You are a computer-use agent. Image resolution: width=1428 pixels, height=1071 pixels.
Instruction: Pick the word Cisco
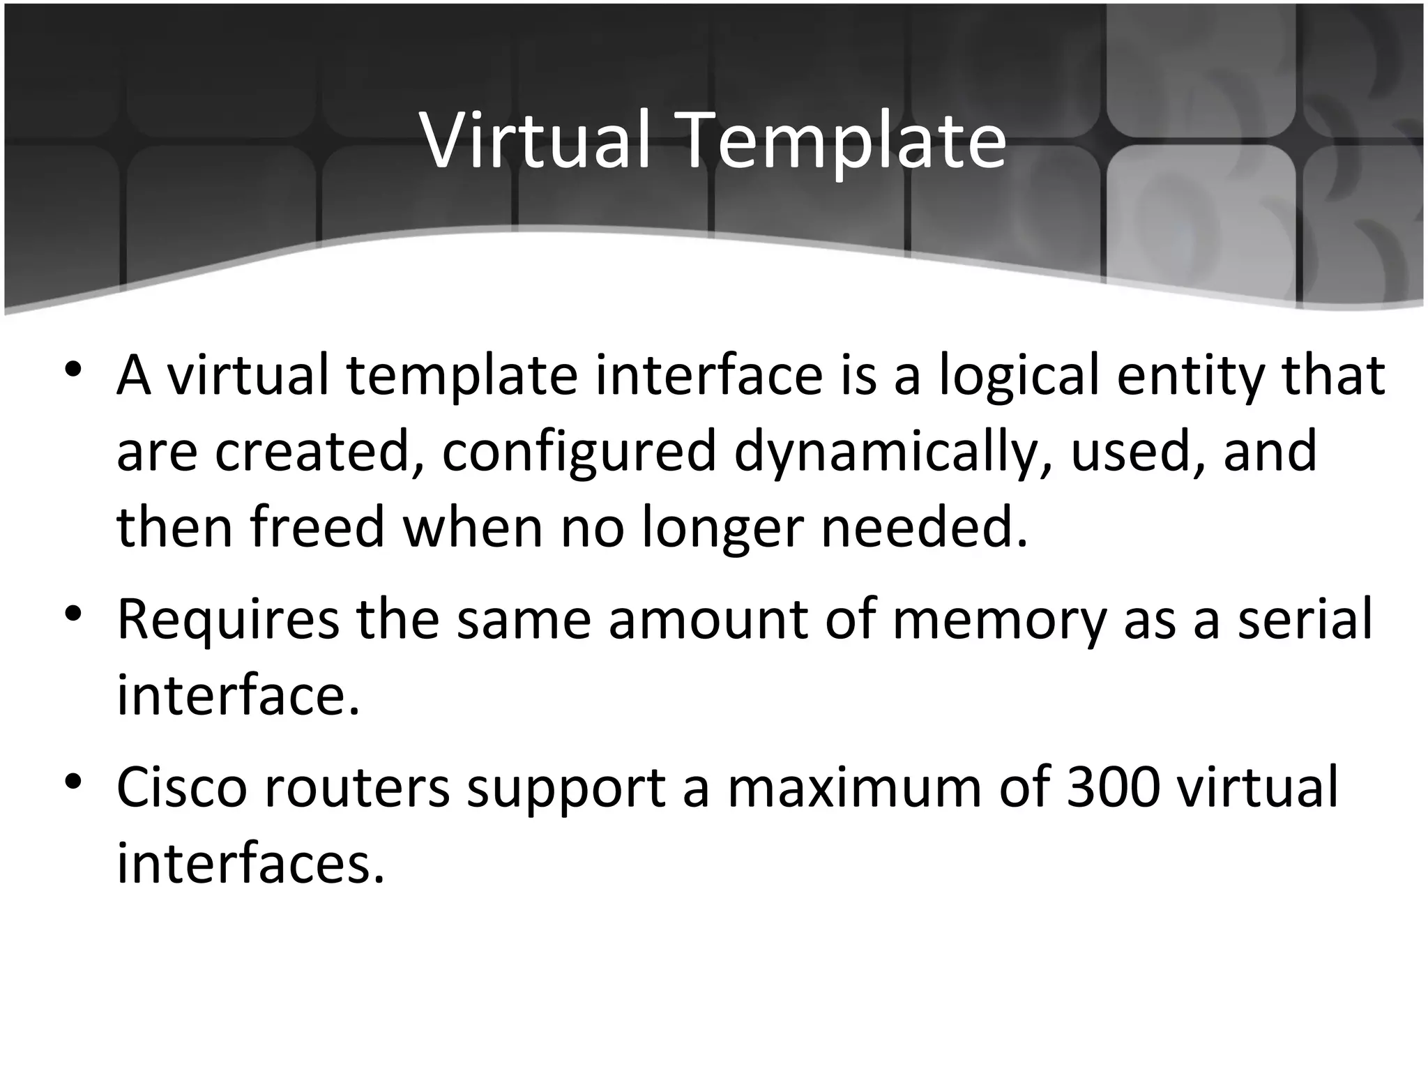coord(182,787)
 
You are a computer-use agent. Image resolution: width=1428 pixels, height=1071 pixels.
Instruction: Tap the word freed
coord(317,526)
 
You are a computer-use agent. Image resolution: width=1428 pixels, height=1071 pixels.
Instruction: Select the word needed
coord(925,526)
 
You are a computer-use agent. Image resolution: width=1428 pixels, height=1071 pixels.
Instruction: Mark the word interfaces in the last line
coord(250,863)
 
